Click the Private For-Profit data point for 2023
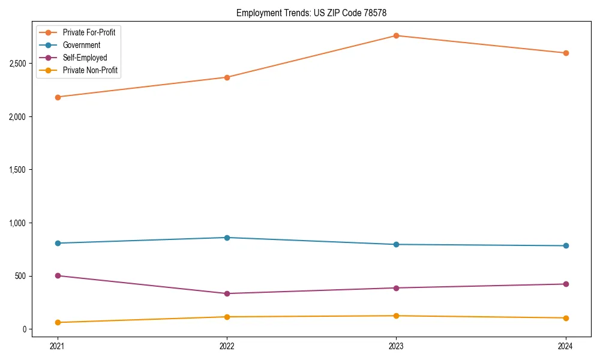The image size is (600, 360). [x=396, y=35]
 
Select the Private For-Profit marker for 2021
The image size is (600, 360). [x=58, y=97]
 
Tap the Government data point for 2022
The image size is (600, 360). [x=227, y=238]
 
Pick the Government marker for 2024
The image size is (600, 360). [x=566, y=245]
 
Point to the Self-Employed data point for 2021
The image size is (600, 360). [x=58, y=276]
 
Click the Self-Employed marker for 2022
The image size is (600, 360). [x=227, y=293]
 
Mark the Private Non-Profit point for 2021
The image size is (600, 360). [x=58, y=323]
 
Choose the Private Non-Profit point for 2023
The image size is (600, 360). [x=396, y=316]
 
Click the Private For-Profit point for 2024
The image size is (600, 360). [x=566, y=53]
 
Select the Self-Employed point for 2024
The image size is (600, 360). [x=566, y=284]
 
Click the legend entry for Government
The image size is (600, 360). [x=81, y=45]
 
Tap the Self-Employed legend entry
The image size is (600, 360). [x=85, y=58]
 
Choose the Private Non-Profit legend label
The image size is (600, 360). [x=90, y=70]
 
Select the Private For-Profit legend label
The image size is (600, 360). [x=89, y=32]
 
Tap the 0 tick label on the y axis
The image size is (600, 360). [x=25, y=329]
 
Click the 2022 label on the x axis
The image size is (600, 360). [x=227, y=346]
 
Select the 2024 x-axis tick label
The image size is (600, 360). [x=566, y=346]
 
